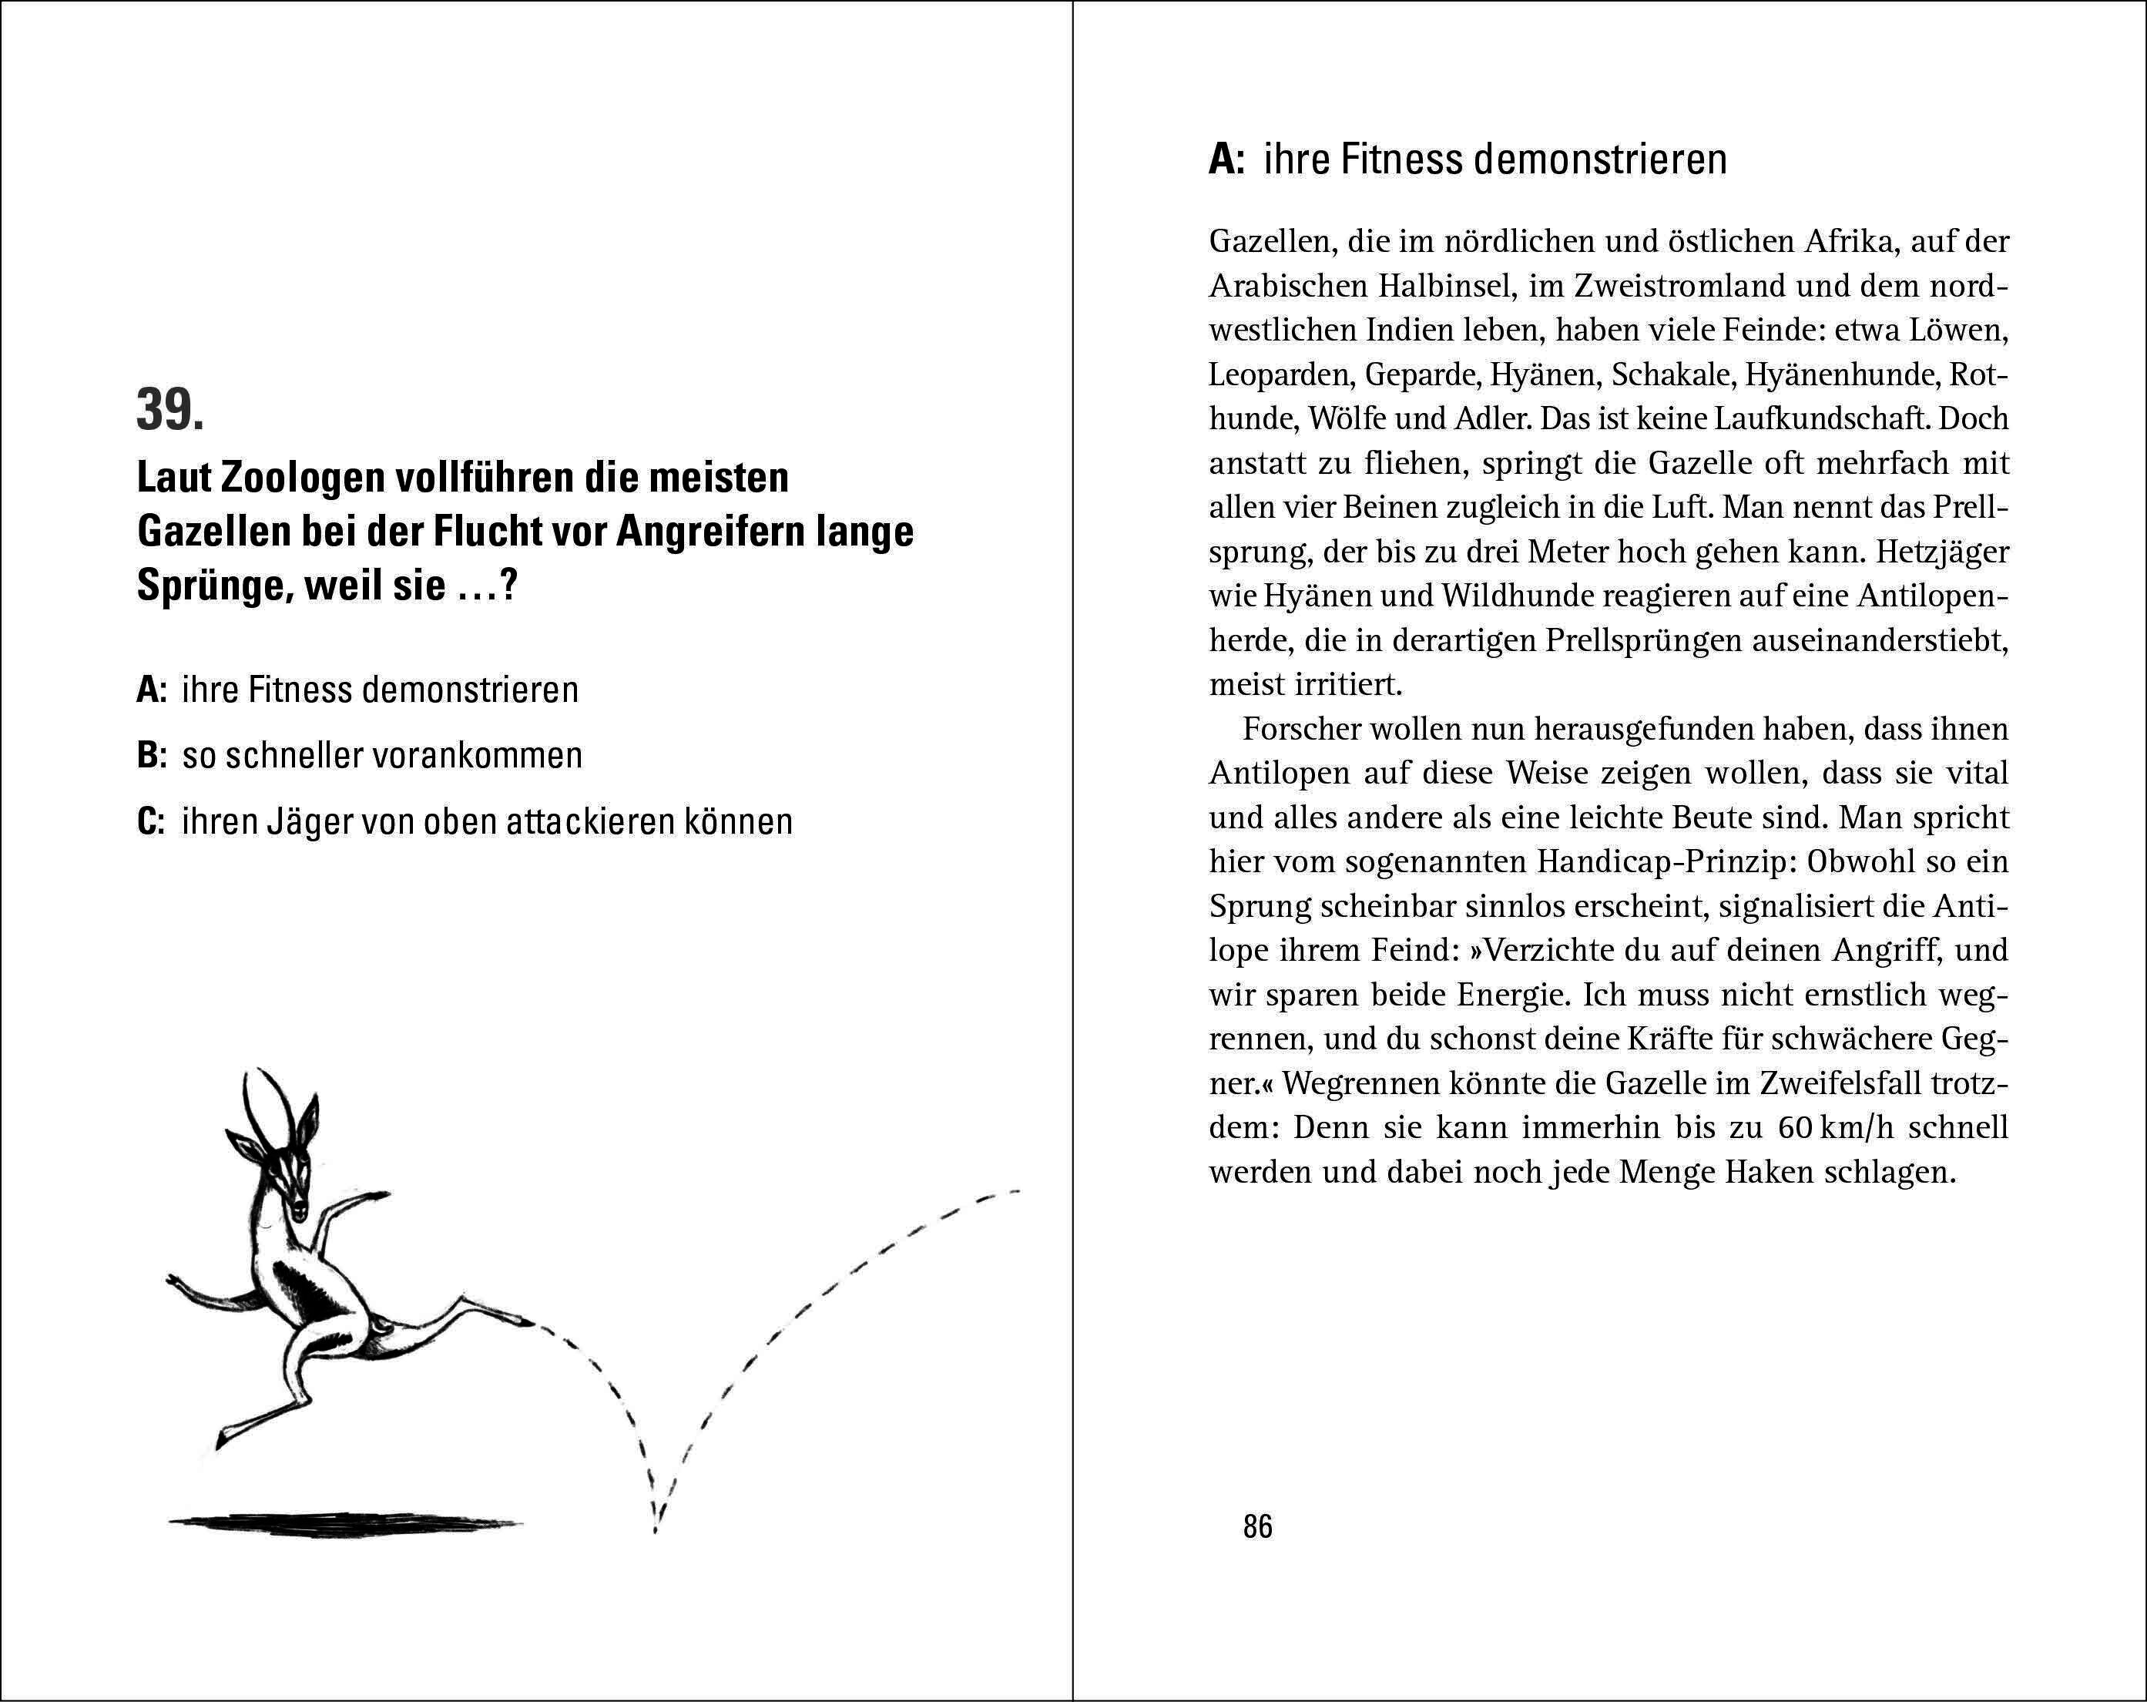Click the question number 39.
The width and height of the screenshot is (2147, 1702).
click(x=170, y=411)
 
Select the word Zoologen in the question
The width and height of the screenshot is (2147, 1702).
click(x=303, y=478)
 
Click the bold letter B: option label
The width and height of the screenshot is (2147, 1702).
click(x=151, y=756)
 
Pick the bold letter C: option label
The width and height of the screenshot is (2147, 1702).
click(x=151, y=821)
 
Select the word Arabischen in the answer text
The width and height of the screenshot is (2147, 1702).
click(x=1287, y=287)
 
